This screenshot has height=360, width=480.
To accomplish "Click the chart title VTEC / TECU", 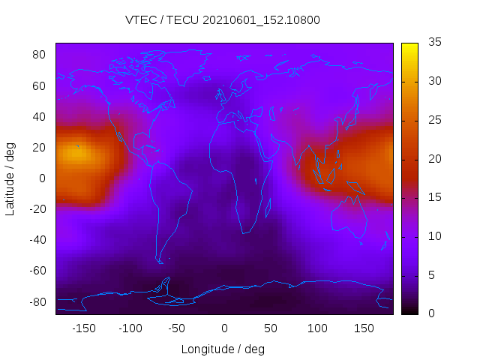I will click(x=223, y=20).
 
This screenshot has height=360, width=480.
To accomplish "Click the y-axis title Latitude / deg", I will click(x=10, y=178).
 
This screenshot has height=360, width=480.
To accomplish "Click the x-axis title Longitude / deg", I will click(x=223, y=349).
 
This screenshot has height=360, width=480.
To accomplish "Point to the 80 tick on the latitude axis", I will click(x=39, y=55).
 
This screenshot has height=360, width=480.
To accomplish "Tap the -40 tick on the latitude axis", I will click(x=36, y=240).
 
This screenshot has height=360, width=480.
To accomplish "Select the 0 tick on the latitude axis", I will click(x=43, y=178).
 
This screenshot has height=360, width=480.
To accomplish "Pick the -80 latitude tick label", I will click(x=36, y=301).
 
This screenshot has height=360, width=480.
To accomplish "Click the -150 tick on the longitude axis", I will click(x=83, y=328).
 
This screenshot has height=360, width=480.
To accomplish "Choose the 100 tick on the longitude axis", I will click(x=317, y=328).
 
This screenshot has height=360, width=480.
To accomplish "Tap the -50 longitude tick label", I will click(x=177, y=328).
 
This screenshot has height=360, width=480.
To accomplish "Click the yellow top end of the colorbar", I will click(x=409, y=46).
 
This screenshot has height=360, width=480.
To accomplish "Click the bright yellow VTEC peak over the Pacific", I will click(x=76, y=154).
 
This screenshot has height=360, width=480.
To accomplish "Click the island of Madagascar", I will click(x=267, y=207).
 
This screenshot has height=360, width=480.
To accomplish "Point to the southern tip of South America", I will click(x=160, y=262).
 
